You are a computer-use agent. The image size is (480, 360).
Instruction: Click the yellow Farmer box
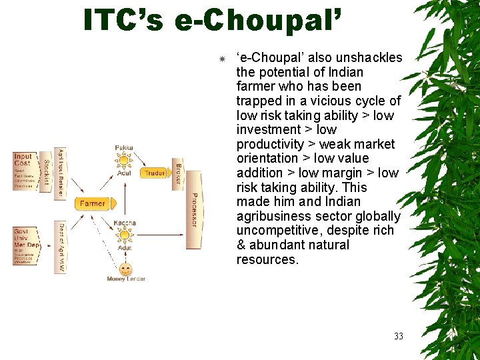pos(92,204)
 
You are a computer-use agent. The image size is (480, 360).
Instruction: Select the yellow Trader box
pos(154,173)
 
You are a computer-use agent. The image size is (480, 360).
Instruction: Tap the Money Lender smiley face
pos(125,269)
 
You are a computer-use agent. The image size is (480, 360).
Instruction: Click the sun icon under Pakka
pos(124,160)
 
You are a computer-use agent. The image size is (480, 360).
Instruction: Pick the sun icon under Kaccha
pos(125,235)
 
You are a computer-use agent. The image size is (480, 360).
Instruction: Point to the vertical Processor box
pos(193,209)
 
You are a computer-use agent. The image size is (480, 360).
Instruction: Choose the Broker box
pos(178,173)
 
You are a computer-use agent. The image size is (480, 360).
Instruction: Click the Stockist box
pos(46,171)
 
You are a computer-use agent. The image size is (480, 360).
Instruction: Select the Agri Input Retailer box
pos(61,171)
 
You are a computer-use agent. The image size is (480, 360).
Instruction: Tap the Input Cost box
pos(23,171)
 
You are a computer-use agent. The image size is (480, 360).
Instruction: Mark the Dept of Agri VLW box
pos(61,247)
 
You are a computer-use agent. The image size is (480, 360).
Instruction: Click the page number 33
pos(398,336)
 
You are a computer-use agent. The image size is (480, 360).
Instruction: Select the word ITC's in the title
pos(123,20)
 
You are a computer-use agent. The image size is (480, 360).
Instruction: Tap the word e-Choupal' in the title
pos(256,20)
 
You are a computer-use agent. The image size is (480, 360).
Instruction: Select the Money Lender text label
pos(126,279)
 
